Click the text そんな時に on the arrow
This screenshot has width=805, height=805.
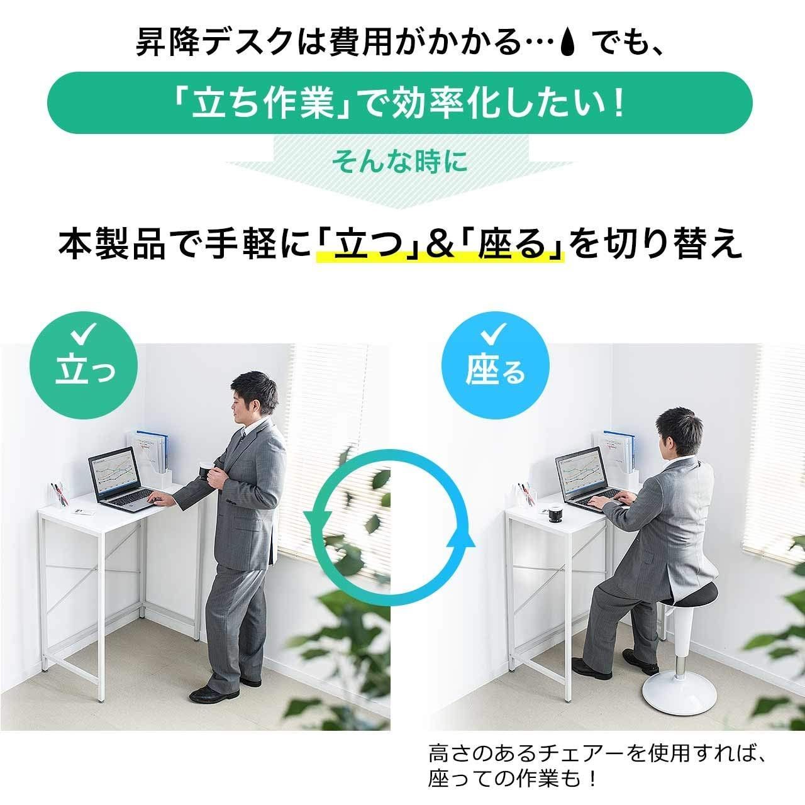coord(400,162)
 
